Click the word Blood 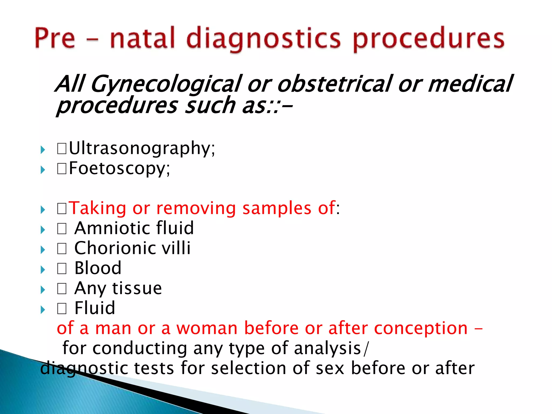pos(98,268)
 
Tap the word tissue pos(137,288)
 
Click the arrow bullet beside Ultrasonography pos(43,150)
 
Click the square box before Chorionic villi pos(62,249)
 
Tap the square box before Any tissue pos(62,289)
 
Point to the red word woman pos(207,328)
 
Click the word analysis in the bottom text pos(327,349)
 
